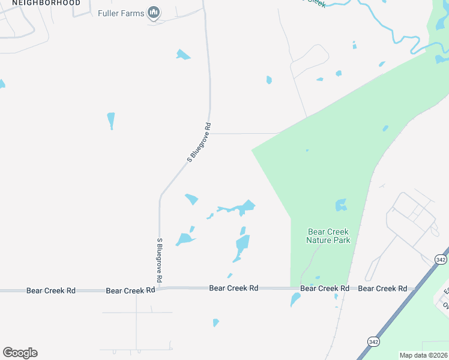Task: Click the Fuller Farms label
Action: click(x=121, y=13)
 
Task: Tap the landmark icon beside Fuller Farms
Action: click(x=154, y=13)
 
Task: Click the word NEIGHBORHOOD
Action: click(x=46, y=3)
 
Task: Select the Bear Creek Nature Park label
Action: click(x=328, y=236)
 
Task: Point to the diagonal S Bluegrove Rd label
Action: click(x=200, y=143)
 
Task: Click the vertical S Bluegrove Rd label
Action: click(x=160, y=260)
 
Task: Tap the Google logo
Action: click(x=20, y=353)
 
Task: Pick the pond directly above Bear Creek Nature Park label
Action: click(x=341, y=205)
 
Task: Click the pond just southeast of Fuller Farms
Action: click(x=182, y=55)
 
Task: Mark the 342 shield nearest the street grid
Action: click(x=441, y=259)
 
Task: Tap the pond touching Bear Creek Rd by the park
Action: click(x=295, y=300)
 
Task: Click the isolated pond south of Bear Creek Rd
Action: click(x=215, y=323)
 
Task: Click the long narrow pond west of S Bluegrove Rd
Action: click(x=111, y=120)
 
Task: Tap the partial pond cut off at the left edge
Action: click(x=2, y=84)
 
